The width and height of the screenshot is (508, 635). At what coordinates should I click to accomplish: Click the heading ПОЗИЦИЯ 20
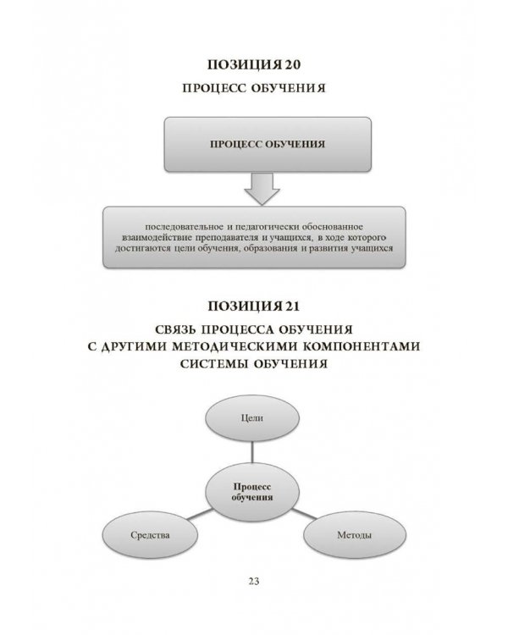tap(255, 65)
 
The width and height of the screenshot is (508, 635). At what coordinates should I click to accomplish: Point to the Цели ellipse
tap(251, 418)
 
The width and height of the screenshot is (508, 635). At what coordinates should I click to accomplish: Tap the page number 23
tap(254, 581)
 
